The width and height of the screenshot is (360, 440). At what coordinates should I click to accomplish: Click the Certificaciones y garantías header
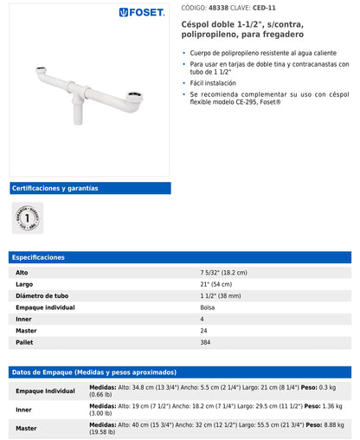55,188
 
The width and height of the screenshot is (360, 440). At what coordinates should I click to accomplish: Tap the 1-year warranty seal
27,217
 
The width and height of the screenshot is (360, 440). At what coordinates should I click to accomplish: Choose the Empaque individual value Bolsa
208,307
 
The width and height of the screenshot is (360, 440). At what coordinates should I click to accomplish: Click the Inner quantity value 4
202,319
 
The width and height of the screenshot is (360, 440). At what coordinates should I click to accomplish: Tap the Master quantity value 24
203,331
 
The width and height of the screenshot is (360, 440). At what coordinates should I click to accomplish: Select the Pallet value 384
206,342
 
